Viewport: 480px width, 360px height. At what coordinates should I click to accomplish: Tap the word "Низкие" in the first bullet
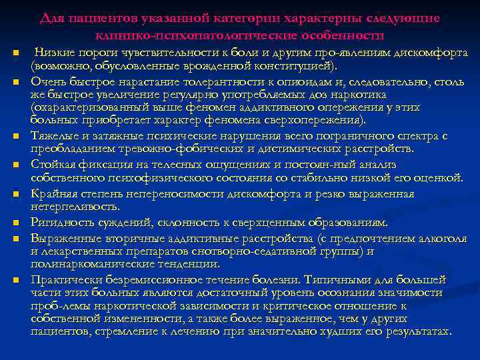53,53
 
